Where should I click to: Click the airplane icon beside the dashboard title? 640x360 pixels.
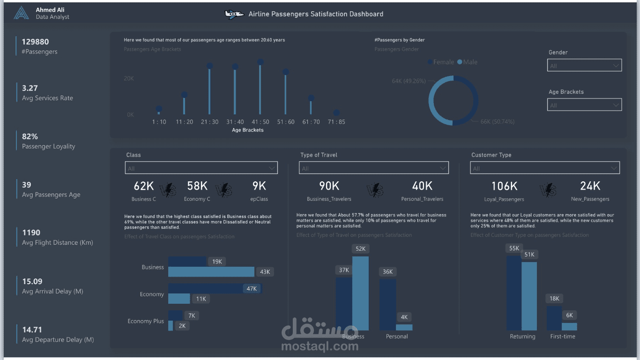234,14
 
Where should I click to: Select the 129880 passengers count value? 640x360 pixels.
35,42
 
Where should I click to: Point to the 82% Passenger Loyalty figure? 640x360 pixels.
30,136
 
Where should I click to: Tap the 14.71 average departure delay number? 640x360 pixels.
32,330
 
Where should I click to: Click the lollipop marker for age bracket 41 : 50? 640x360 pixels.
260,62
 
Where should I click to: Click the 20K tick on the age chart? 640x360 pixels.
129,78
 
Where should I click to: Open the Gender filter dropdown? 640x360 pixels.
584,66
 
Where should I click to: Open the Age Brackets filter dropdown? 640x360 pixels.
584,105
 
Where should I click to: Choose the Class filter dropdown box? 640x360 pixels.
201,168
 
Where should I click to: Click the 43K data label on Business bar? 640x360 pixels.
265,272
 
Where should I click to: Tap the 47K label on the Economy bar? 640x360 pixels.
252,289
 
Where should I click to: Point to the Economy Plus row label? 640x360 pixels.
146,321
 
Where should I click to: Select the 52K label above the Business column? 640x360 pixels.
360,249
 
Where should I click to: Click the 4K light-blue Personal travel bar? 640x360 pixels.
404,327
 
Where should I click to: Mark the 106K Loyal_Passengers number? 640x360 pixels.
504,186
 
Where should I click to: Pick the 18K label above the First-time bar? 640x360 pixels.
554,299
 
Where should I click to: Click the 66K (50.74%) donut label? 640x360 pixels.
497,122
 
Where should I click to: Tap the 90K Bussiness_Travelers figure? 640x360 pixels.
329,186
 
